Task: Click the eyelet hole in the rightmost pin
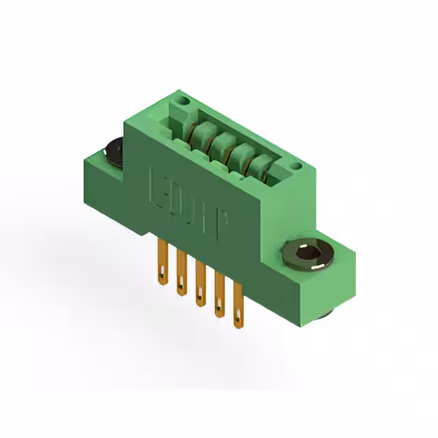(x=237, y=317)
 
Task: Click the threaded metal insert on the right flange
(x=307, y=255)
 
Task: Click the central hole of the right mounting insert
(x=307, y=255)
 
